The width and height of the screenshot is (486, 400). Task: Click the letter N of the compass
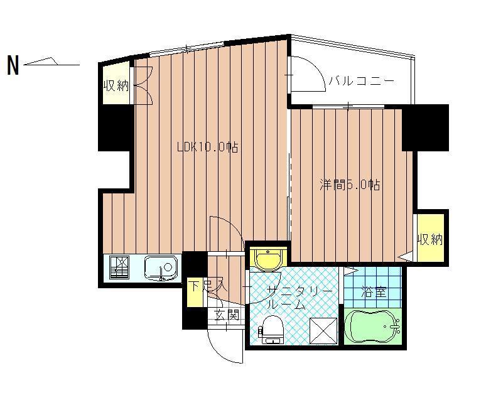13,65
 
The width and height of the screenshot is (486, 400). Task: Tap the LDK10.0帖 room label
208,147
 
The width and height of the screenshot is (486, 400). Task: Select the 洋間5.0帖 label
350,185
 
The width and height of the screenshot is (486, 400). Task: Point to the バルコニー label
362,81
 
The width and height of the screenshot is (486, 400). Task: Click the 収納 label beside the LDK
116,85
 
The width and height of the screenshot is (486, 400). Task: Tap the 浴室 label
374,292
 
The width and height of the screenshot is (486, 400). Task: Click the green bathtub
373,327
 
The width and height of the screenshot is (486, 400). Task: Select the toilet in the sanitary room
272,330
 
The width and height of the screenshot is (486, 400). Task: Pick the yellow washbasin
267,257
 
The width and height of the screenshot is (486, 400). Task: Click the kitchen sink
161,268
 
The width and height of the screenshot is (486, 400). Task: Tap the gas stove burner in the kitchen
120,267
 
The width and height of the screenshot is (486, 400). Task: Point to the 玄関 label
227,315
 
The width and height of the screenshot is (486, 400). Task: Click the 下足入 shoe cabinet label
208,286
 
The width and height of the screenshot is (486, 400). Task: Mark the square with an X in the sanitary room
323,330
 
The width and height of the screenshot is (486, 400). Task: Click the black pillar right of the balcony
425,127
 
